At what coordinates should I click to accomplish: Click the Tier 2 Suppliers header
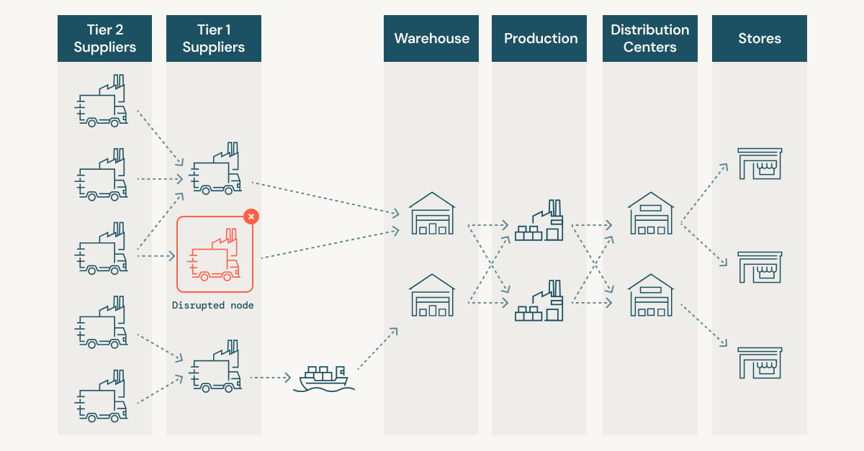point(104,39)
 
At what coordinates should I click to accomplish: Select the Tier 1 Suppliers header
point(213,39)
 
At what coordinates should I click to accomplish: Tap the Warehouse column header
point(431,39)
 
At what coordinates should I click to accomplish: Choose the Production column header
point(540,39)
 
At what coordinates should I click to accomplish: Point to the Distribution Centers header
point(649,39)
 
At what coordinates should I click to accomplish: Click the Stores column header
point(759,39)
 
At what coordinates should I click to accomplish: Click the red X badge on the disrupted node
point(251,216)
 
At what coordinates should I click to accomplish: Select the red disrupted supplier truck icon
point(214,255)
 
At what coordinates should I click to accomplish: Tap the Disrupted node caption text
point(212,305)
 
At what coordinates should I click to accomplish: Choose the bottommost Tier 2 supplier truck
point(102,396)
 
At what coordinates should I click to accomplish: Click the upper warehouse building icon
point(432,214)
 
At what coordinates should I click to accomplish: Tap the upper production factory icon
point(539,221)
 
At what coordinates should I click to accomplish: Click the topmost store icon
point(759,164)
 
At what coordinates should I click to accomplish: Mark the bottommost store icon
point(759,363)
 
